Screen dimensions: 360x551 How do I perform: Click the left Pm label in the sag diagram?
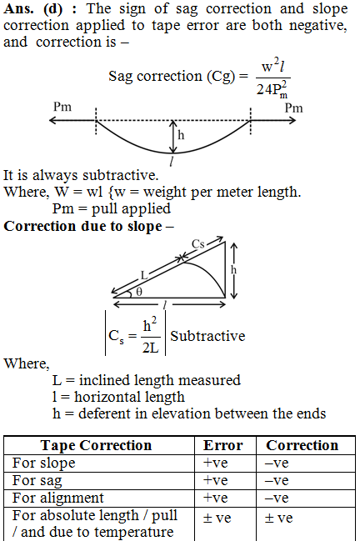click(x=62, y=106)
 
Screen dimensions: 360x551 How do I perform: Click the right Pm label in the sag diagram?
click(x=293, y=108)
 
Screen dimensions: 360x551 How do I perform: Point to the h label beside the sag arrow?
click(x=181, y=134)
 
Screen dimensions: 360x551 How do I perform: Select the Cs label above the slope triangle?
click(x=198, y=243)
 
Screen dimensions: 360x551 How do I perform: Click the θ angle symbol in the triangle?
click(x=139, y=292)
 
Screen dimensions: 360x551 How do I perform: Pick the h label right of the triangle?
click(x=233, y=269)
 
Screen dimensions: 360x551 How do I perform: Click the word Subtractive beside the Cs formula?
click(x=207, y=336)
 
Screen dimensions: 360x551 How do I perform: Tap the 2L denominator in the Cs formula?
click(x=150, y=348)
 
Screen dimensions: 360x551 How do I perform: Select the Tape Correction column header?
click(x=96, y=445)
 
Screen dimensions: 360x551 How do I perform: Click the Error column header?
click(x=223, y=445)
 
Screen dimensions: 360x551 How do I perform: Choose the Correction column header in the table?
click(x=302, y=445)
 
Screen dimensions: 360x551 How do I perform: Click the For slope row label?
click(x=44, y=463)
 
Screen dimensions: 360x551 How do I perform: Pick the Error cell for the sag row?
click(x=216, y=480)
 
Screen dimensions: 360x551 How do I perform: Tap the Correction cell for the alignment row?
click(x=277, y=498)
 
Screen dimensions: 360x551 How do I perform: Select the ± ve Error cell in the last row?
click(x=217, y=518)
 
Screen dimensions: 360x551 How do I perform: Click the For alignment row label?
click(x=58, y=498)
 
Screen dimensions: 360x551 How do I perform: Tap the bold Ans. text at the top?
click(x=18, y=9)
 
